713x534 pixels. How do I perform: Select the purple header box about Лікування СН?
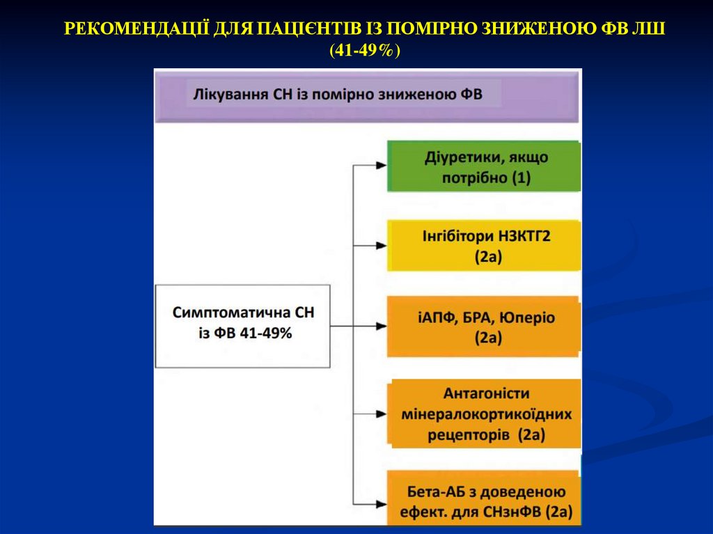pyautogui.click(x=367, y=95)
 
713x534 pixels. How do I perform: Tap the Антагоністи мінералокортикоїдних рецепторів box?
pyautogui.click(x=486, y=414)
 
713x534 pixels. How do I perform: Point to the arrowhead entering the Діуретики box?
pyautogui.click(x=381, y=166)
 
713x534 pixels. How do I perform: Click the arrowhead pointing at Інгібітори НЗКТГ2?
pyautogui.click(x=381, y=246)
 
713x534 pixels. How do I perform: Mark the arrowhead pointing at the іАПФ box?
pyautogui.click(x=381, y=326)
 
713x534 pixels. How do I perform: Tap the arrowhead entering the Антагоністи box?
pyautogui.click(x=381, y=414)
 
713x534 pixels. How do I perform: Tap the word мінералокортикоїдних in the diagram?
pyautogui.click(x=487, y=414)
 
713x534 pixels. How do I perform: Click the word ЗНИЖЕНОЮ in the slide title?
pyautogui.click(x=529, y=29)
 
